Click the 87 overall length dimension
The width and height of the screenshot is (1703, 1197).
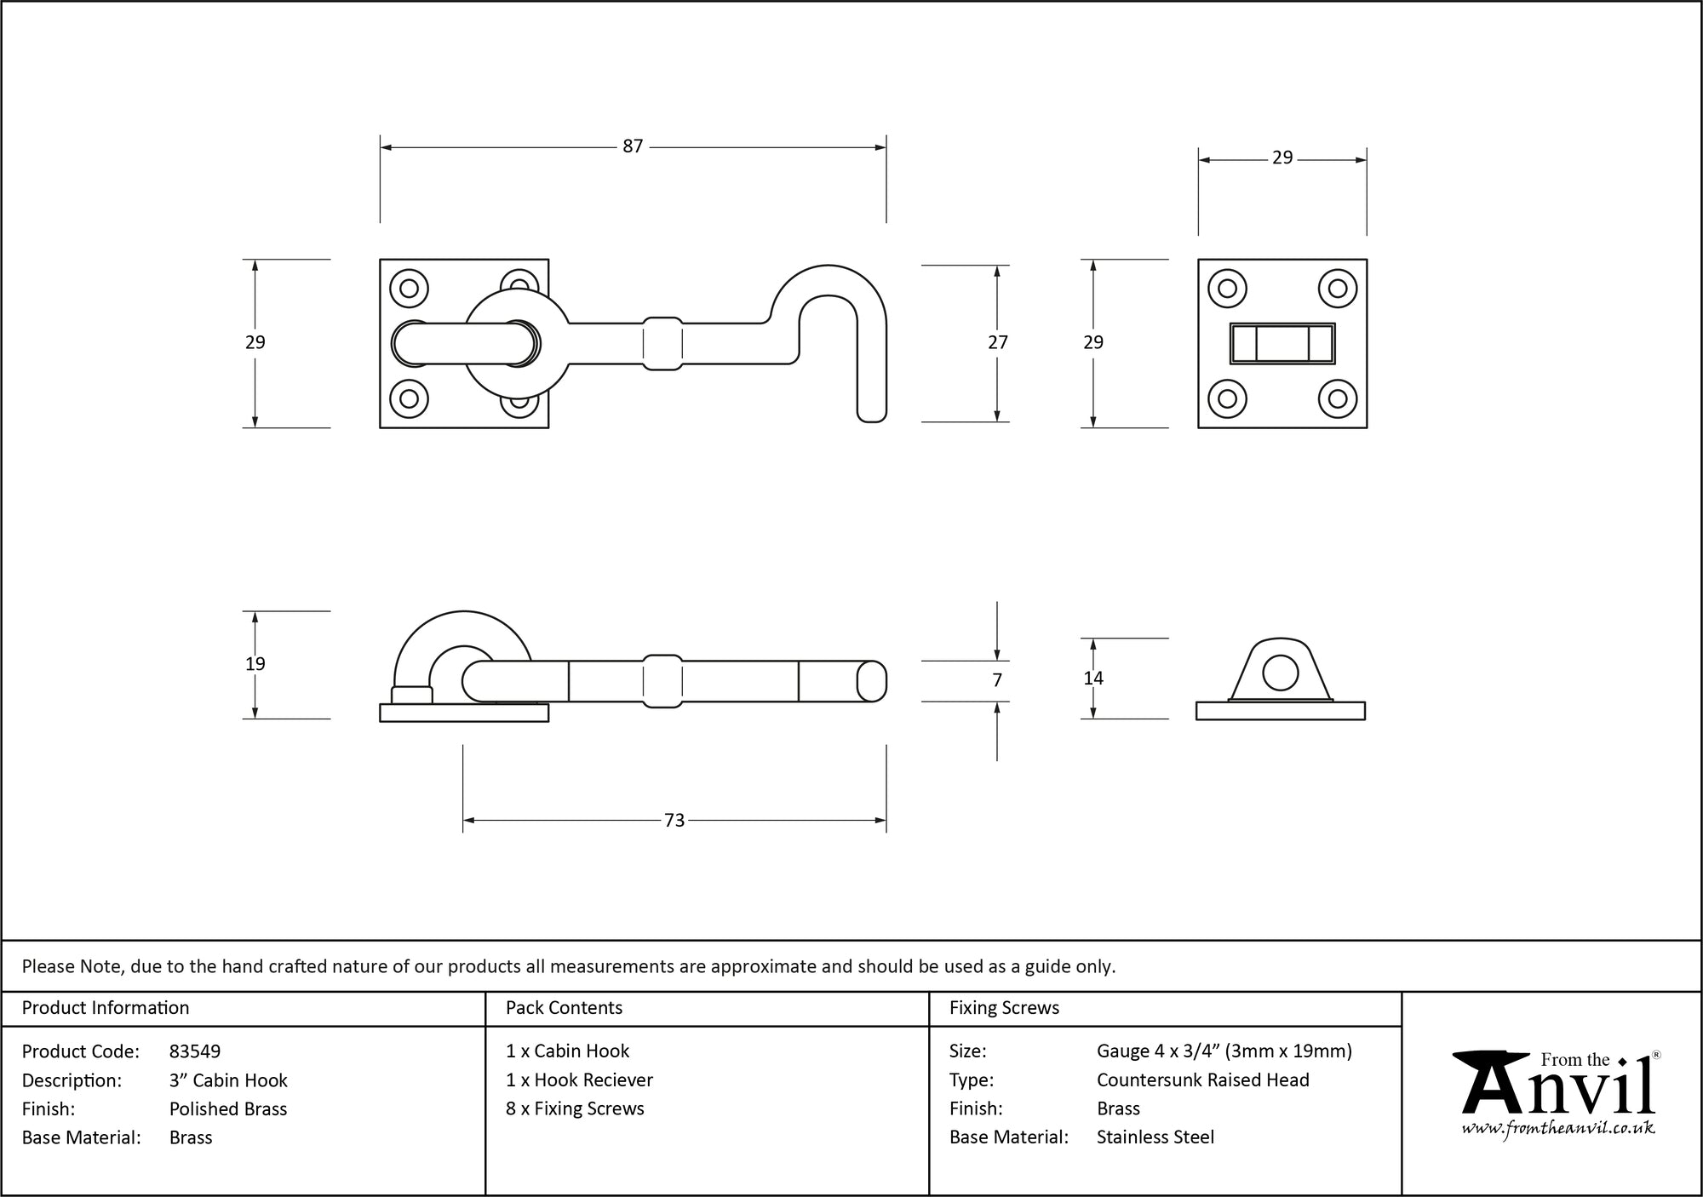[633, 146]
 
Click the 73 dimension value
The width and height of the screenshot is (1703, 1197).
[674, 820]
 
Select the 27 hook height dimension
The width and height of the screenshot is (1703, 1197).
[997, 342]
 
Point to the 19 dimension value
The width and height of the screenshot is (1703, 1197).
[255, 664]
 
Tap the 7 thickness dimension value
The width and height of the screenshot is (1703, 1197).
[997, 680]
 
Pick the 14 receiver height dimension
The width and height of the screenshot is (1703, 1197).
[1093, 679]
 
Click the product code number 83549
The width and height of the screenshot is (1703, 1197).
[195, 1051]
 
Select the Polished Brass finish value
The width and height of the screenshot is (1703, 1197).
[228, 1108]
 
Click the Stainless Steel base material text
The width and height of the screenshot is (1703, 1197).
[1155, 1137]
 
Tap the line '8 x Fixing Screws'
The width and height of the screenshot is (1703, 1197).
[575, 1108]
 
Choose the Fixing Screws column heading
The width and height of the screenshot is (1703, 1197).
[1005, 1008]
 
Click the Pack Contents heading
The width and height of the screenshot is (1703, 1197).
[564, 1008]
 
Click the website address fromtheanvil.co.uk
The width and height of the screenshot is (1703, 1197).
[1558, 1129]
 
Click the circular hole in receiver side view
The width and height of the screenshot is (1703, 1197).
[1281, 673]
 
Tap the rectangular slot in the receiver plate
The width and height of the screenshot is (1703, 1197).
[1282, 344]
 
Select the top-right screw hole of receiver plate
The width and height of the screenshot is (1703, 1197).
[1338, 288]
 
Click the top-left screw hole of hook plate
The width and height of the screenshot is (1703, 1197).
[409, 288]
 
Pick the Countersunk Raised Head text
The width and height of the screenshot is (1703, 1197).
[1203, 1080]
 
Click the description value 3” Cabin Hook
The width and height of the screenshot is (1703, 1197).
[228, 1080]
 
